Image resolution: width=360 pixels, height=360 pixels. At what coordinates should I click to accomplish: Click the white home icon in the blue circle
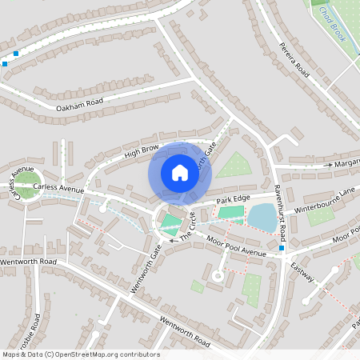(x=180, y=172)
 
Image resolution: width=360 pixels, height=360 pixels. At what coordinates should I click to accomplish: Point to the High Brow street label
(x=142, y=150)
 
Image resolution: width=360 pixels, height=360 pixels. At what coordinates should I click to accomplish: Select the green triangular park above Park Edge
(x=234, y=166)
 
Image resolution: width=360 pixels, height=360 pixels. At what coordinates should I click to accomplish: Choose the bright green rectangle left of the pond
(x=230, y=213)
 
